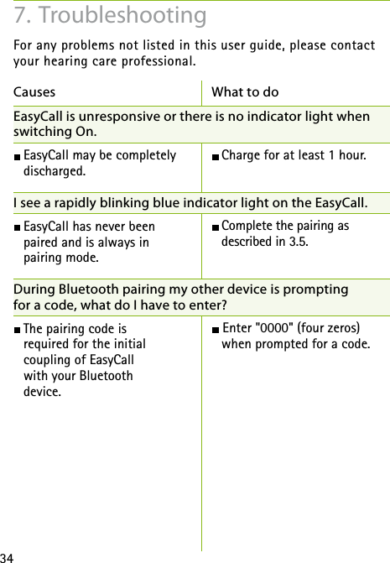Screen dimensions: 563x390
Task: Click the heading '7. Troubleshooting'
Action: [x=111, y=15]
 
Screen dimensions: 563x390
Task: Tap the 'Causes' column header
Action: [x=35, y=91]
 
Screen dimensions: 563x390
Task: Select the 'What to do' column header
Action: [x=245, y=91]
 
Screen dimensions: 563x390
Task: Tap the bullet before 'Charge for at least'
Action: [x=216, y=155]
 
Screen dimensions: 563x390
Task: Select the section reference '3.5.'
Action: [x=294, y=242]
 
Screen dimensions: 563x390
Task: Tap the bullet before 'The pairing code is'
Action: [x=18, y=329]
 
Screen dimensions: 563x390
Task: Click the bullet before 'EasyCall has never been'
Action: [x=18, y=227]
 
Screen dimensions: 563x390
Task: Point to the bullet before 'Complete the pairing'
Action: [x=216, y=227]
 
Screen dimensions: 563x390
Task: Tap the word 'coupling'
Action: [x=45, y=360]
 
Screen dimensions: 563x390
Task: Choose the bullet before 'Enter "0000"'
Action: [x=216, y=328]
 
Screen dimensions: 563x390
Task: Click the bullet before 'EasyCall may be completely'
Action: [x=18, y=156]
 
